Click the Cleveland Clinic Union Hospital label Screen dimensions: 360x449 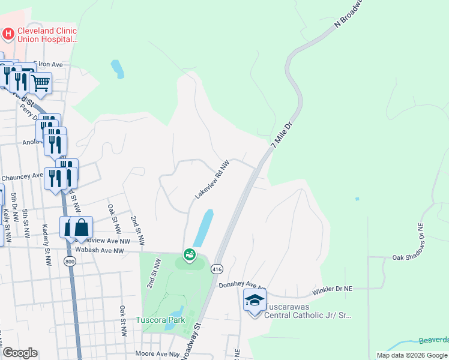coord(47,35)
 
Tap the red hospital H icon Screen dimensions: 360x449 coord(8,34)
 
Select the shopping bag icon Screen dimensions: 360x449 coord(82,227)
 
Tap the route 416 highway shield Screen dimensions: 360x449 coord(217,269)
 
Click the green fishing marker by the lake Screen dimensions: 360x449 coord(190,255)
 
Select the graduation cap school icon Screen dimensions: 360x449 coord(255,299)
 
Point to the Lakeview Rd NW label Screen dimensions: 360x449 coord(212,179)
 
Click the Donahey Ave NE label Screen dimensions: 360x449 coord(242,286)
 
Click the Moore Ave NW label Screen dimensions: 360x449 coord(157,355)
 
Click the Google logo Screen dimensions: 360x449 coord(20,352)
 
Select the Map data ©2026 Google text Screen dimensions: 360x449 coord(412,355)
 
